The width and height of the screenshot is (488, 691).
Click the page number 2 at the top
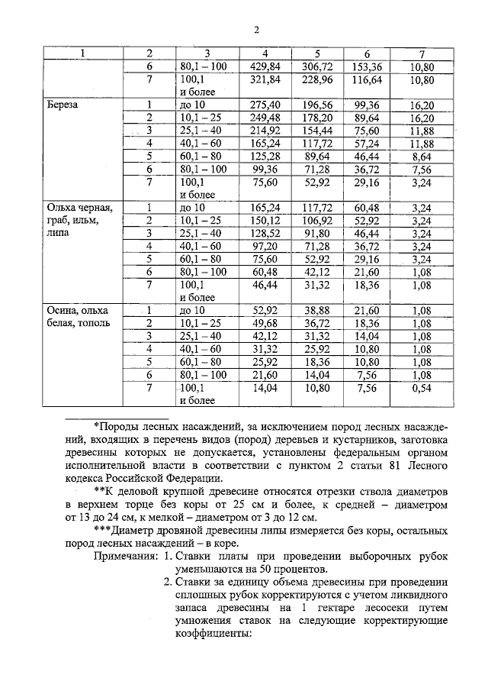257,31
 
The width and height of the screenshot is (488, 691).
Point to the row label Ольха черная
79,207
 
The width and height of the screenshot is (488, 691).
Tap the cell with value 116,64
367,79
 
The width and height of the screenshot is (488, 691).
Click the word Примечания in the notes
126,557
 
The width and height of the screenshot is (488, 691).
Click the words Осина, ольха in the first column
78,311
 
